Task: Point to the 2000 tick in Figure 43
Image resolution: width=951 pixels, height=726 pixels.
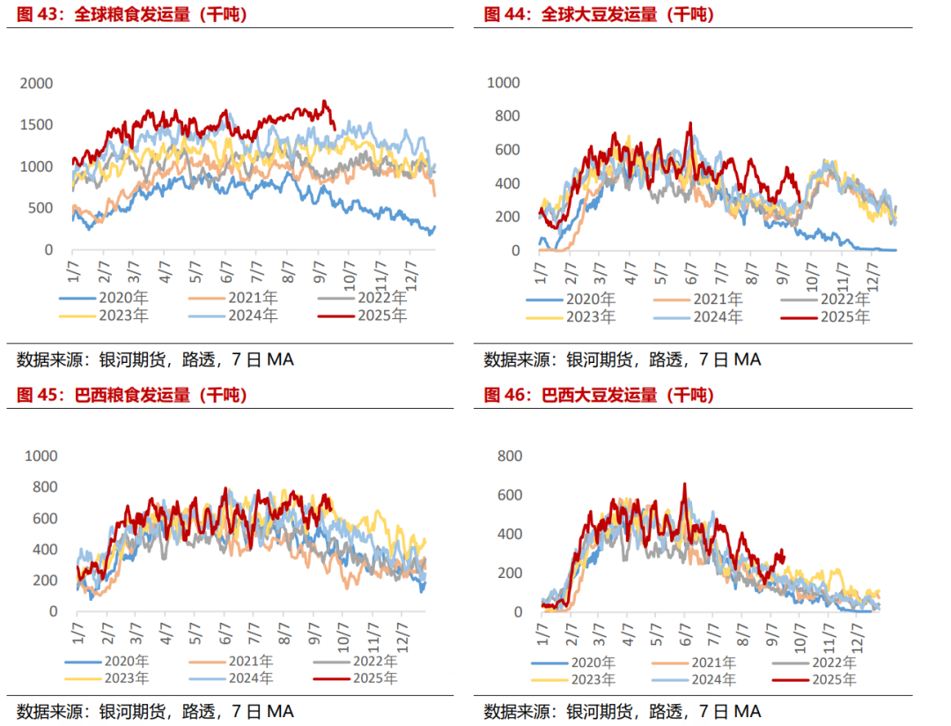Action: point(37,84)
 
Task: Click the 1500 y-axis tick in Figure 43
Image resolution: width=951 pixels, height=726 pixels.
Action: point(37,125)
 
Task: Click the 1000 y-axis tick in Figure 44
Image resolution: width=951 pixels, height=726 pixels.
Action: point(505,83)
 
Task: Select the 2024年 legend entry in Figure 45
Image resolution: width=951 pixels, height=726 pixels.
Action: point(252,678)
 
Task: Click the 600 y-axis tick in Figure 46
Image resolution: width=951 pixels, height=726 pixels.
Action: point(509,495)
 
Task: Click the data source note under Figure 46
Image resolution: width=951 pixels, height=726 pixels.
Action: point(622,711)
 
